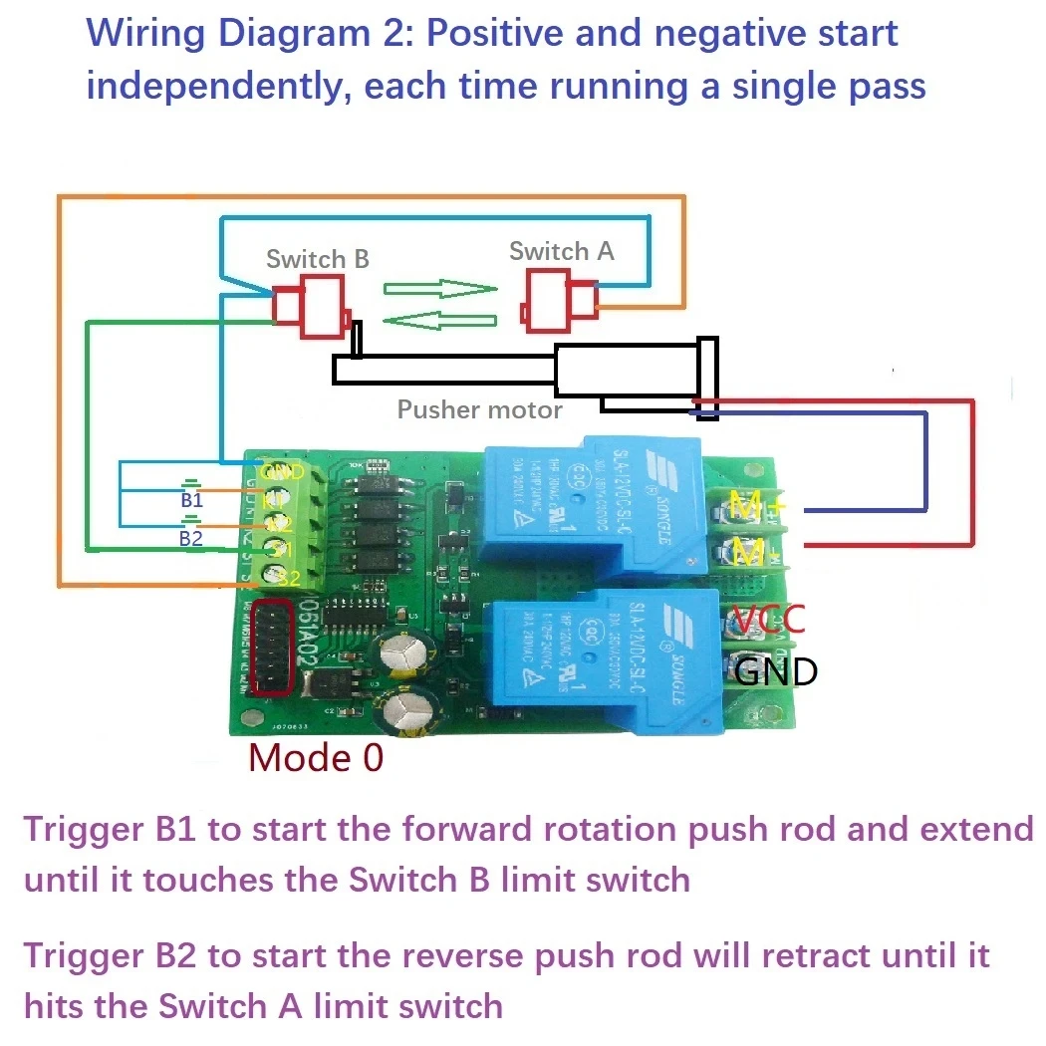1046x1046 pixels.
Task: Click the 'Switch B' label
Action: click(317, 259)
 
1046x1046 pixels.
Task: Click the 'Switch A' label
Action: click(561, 251)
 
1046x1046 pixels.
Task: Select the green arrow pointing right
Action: click(440, 290)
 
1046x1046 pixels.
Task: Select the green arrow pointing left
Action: click(439, 320)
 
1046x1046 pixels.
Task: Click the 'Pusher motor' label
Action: click(479, 409)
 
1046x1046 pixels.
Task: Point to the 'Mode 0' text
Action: click(315, 758)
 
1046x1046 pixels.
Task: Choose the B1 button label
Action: click(191, 500)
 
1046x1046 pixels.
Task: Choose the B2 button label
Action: click(190, 538)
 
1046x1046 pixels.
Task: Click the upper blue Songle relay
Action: click(593, 508)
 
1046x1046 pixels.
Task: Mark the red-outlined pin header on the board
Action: click(273, 648)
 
